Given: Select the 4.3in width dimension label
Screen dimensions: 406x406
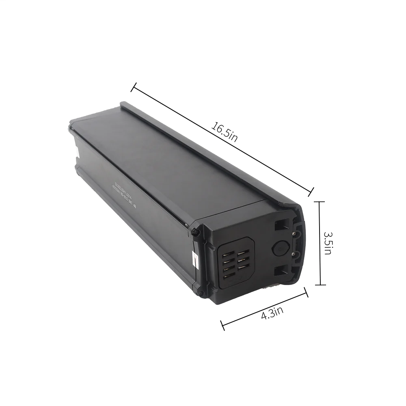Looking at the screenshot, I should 272,313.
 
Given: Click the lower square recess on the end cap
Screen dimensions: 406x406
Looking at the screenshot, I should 282,273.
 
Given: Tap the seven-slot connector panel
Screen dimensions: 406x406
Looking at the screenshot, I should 236,264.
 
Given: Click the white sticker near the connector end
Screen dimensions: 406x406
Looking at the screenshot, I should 194,259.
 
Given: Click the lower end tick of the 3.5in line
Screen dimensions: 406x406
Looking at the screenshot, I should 320,285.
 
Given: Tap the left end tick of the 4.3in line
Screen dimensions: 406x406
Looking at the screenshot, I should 222,324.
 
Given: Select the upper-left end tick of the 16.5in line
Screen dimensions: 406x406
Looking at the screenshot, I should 132,86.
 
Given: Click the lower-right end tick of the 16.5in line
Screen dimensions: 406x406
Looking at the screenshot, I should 312,190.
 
